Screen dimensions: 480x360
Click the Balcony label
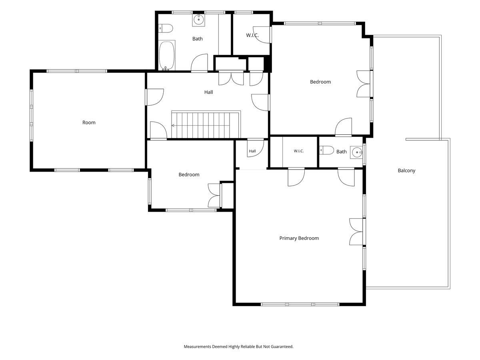point(406,170)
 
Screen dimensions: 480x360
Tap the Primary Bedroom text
point(299,238)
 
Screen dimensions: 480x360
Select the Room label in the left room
point(89,122)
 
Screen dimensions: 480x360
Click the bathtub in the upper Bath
point(167,55)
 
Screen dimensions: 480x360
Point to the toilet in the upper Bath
point(166,28)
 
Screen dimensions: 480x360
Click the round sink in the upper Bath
point(198,20)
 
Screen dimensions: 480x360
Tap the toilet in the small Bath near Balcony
point(326,150)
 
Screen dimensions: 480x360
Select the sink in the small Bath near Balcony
point(356,152)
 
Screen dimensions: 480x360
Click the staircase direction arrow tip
point(172,126)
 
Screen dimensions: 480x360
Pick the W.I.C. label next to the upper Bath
point(252,35)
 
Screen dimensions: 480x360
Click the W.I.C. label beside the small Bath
point(299,151)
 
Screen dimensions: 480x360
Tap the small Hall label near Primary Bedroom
point(252,151)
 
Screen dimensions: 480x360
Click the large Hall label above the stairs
point(208,92)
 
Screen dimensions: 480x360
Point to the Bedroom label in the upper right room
point(320,82)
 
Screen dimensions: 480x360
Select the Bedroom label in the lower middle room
point(189,175)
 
